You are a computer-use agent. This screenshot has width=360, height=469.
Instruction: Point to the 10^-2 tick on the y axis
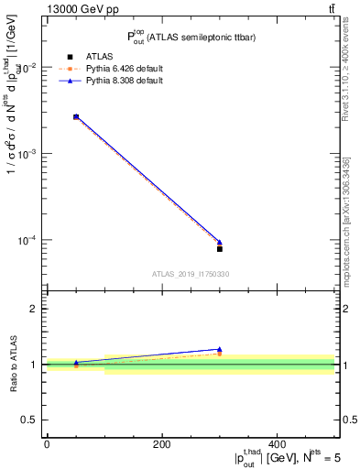[27, 68]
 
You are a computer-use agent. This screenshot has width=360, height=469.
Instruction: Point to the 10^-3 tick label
[27, 154]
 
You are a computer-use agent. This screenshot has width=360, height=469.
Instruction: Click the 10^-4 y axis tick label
[27, 240]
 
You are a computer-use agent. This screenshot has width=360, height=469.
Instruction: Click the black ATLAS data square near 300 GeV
[220, 248]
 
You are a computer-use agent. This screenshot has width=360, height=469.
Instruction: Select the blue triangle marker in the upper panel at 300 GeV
[220, 242]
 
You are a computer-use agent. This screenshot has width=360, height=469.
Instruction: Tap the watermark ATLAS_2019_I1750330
[191, 274]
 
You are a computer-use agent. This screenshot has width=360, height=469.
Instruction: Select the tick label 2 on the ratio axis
[36, 309]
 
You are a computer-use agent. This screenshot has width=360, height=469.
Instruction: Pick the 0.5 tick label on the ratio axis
[32, 420]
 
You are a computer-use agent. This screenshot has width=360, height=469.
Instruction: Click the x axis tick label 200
[162, 444]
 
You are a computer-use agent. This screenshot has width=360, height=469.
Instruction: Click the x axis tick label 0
[47, 444]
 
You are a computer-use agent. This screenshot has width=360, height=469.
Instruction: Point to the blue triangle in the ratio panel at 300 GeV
[220, 349]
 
